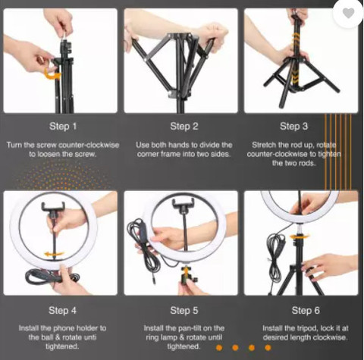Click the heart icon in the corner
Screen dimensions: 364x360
349,13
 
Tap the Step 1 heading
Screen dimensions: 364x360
63,127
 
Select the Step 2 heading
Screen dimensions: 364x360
184,127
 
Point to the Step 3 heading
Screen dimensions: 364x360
293,126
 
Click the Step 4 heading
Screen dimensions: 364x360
62,311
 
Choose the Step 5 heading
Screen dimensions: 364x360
184,311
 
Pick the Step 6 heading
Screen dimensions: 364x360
306,310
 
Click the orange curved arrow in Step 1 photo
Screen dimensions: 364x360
52,74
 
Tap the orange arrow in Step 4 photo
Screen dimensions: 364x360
54,254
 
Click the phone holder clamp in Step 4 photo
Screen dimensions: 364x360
54,207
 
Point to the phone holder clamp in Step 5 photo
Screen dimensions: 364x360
184,204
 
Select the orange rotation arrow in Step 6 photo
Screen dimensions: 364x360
300,236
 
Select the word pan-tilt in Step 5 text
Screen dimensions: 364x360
192,328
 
